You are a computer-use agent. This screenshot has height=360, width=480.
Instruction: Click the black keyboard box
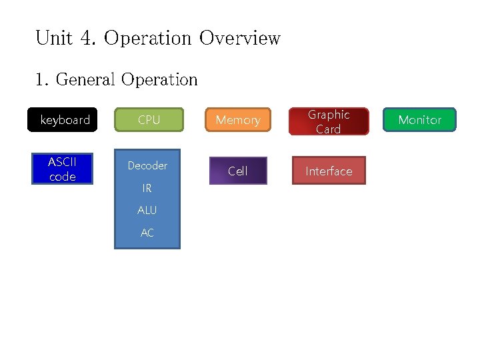coord(65,120)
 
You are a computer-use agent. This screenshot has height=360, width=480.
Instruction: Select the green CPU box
coord(149,120)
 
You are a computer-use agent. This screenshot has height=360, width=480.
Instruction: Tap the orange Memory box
coord(238,120)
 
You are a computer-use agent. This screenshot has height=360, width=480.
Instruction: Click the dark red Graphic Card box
coord(328,121)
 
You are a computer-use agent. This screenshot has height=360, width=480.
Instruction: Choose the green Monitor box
coord(419,120)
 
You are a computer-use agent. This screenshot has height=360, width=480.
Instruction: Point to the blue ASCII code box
coord(63,169)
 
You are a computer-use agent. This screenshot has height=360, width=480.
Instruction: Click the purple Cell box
coord(238,171)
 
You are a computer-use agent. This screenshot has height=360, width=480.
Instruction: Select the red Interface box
coord(329,171)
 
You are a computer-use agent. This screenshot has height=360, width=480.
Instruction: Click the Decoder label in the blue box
coord(147,165)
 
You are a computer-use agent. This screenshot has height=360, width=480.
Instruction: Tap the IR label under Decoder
coord(147,189)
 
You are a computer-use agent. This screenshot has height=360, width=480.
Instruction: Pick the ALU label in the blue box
coord(147,210)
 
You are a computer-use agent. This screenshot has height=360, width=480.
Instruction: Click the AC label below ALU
coord(147,233)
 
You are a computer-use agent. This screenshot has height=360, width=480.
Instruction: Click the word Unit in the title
coord(53,38)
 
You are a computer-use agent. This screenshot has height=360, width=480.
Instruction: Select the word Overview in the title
coord(240,38)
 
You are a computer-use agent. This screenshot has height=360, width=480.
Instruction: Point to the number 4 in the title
coord(87,38)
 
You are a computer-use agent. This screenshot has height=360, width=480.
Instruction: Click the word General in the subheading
coord(85,80)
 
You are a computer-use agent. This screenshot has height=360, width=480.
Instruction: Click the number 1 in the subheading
coord(41,80)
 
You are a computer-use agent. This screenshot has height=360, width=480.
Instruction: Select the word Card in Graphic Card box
coord(328,129)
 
